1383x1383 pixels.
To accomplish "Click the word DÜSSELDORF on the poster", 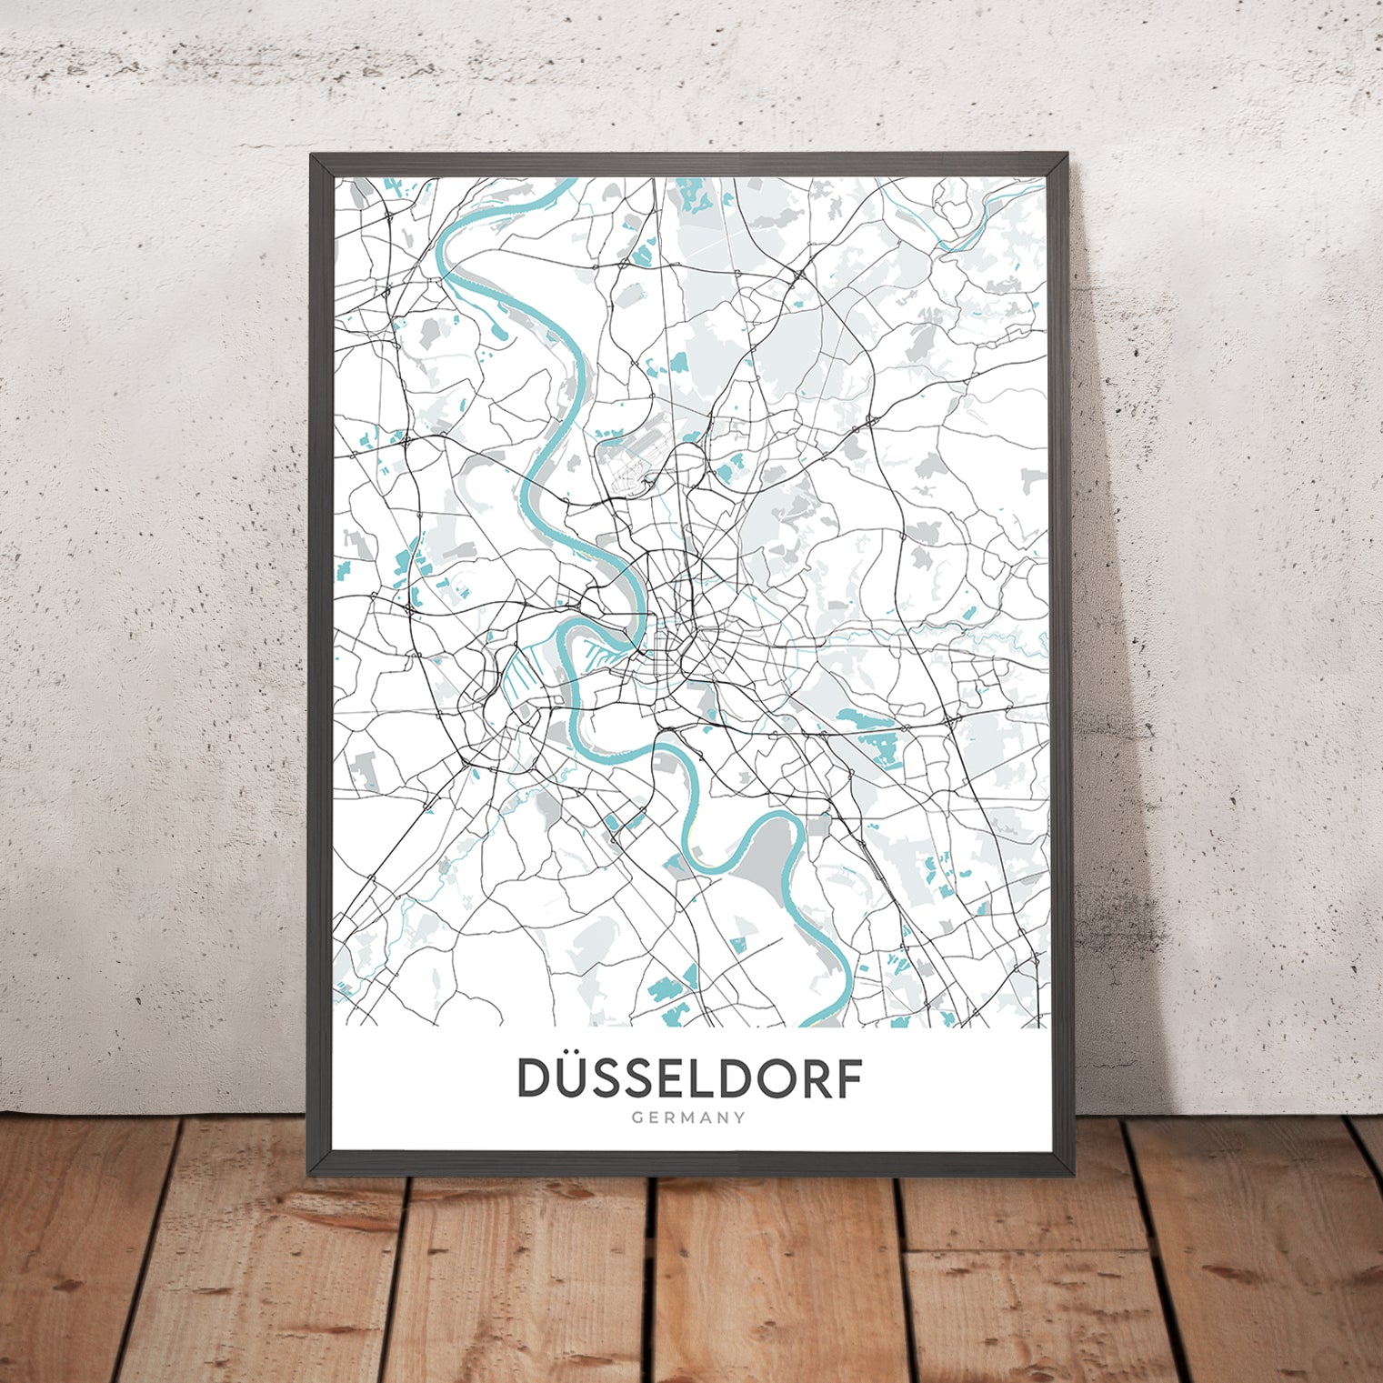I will point(689,1078).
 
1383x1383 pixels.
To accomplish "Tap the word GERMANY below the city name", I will point(689,1117).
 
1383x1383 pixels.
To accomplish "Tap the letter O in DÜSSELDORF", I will point(771,1079).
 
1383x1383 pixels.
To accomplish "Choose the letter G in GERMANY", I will point(637,1117).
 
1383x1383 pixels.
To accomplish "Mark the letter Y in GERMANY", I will point(740,1117).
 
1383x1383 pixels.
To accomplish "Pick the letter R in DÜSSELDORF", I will point(812,1079).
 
